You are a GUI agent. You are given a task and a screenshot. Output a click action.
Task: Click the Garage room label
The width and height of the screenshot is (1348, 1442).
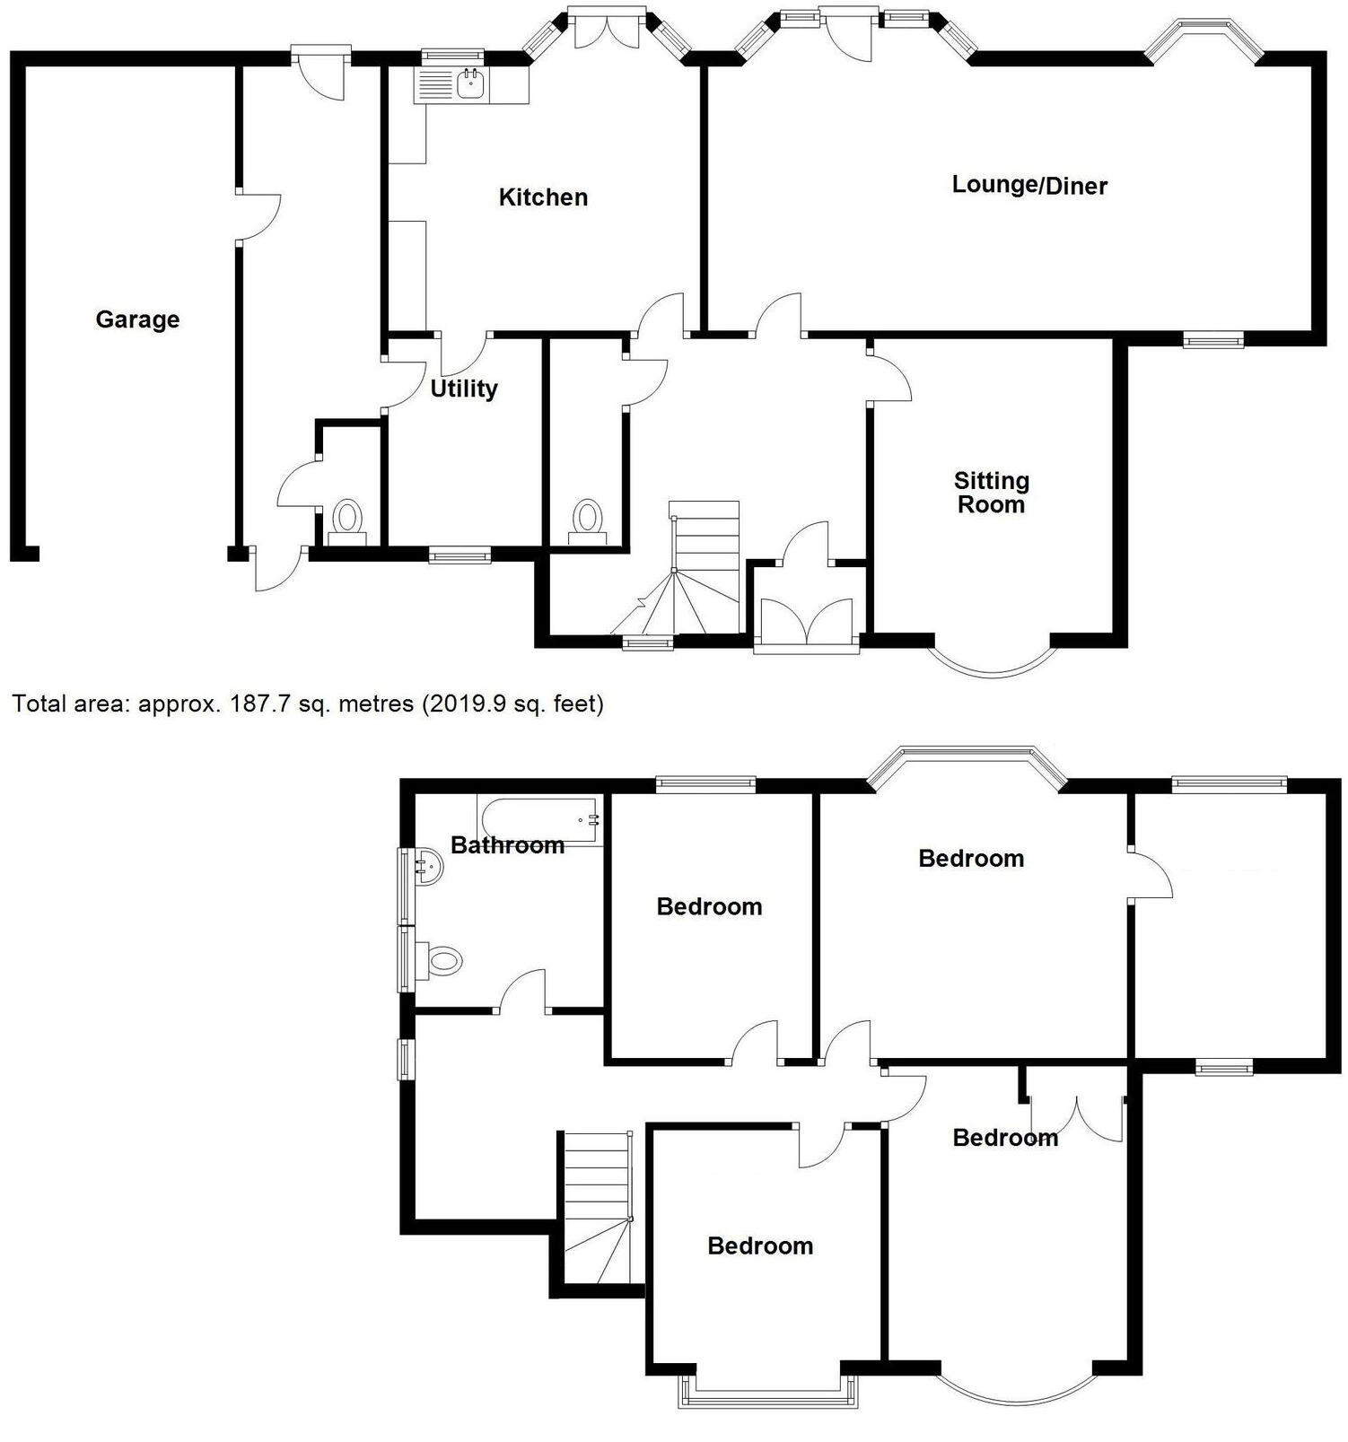(137, 319)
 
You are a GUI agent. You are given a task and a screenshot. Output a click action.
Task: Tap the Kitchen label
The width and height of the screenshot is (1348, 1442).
(543, 197)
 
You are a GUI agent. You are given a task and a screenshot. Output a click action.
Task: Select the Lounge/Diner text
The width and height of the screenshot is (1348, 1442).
(1029, 185)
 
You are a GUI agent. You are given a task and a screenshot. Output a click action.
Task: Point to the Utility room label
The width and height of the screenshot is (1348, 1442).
(463, 389)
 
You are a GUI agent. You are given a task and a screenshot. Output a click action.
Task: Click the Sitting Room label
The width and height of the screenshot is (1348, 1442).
(991, 493)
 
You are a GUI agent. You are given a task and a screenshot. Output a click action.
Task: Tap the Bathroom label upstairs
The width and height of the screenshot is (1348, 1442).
(507, 845)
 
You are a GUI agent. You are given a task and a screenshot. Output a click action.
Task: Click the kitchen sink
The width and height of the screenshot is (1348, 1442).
(470, 85)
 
